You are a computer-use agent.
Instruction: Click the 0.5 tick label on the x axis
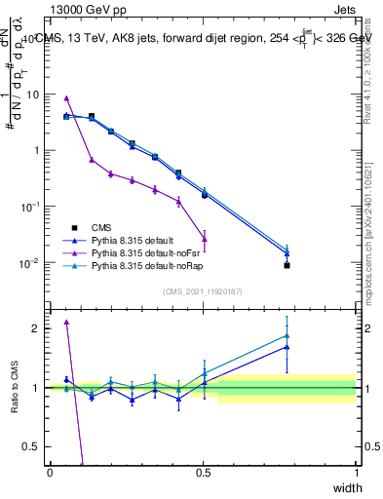point(203,472)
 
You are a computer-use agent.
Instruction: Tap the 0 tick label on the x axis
point(50,472)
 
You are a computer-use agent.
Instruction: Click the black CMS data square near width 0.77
point(287,265)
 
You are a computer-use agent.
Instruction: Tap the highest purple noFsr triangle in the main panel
point(66,97)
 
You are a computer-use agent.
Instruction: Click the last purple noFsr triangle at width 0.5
point(205,239)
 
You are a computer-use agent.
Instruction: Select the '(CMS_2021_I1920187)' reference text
point(202,290)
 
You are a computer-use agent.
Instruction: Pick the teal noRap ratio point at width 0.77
point(287,335)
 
